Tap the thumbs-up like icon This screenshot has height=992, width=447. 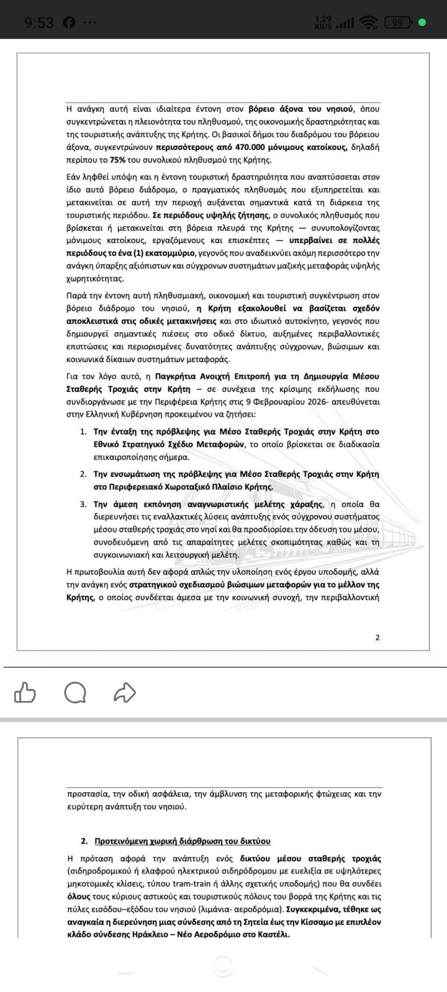pyautogui.click(x=25, y=692)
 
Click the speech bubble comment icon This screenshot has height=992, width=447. pyautogui.click(x=75, y=692)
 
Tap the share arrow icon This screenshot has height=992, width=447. pyautogui.click(x=125, y=692)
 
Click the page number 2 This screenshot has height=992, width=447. pyautogui.click(x=377, y=637)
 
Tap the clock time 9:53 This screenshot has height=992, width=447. pyautogui.click(x=39, y=23)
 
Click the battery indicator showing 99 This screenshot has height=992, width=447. pyautogui.click(x=398, y=23)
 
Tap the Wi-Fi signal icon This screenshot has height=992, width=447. pyautogui.click(x=371, y=23)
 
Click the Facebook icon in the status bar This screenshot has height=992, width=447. pyautogui.click(x=69, y=23)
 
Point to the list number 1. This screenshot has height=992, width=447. pyautogui.click(x=83, y=432)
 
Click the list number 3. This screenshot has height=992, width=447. pyautogui.click(x=83, y=504)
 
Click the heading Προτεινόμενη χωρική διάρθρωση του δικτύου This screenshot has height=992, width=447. pyautogui.click(x=182, y=841)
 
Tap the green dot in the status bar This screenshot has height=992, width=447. pyautogui.click(x=423, y=23)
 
